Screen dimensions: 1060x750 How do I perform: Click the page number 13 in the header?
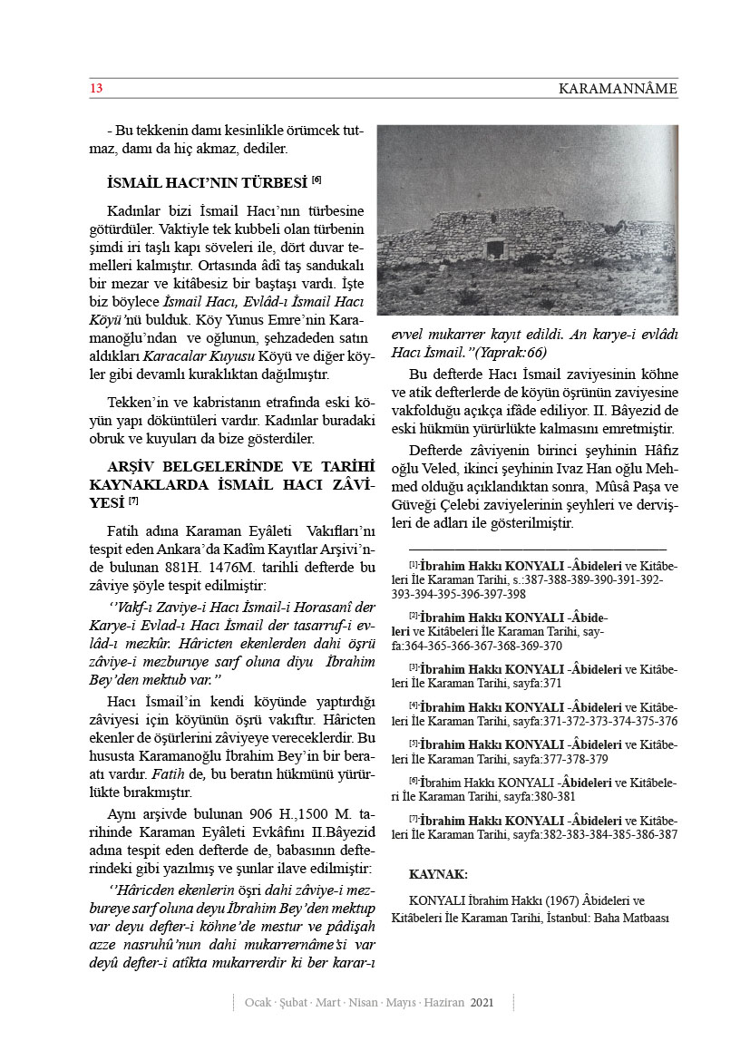point(97,88)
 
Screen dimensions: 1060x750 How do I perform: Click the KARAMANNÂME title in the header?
point(618,89)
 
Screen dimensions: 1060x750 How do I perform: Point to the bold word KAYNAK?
point(439,875)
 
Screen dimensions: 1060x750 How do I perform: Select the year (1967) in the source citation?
point(543,900)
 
